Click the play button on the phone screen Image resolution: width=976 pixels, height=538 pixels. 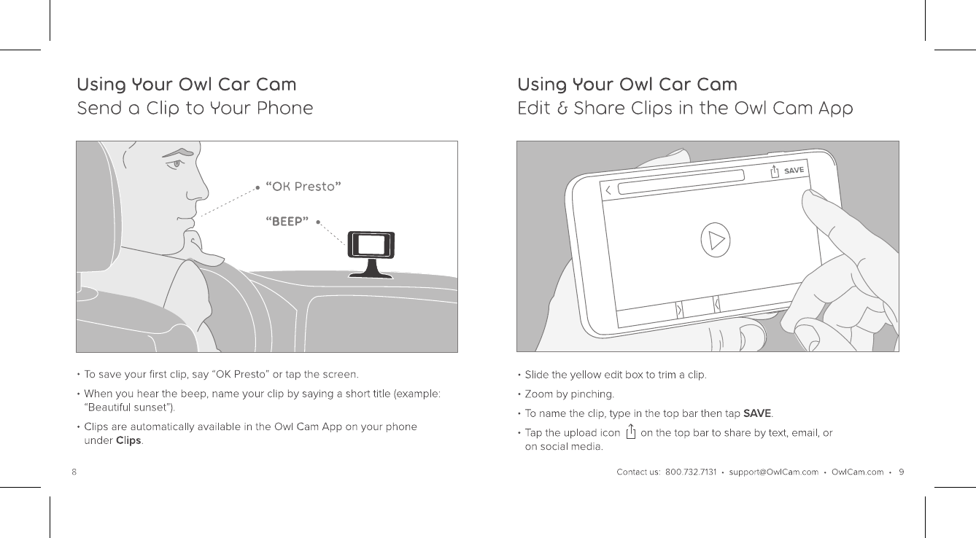point(716,239)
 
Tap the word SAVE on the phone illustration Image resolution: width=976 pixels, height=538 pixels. point(794,170)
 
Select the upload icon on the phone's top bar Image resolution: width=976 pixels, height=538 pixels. point(775,171)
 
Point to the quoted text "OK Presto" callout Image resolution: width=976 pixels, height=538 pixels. point(304,186)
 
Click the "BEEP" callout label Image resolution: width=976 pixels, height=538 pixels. point(287,221)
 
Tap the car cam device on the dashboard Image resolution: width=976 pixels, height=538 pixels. point(371,245)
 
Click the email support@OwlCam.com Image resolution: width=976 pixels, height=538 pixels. point(773,472)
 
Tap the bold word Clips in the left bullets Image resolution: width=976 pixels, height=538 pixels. point(128,440)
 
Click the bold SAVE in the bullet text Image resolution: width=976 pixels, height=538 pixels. point(756,414)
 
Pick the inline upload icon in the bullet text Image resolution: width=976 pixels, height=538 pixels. point(630,432)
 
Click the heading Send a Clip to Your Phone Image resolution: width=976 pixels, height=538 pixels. point(195,109)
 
